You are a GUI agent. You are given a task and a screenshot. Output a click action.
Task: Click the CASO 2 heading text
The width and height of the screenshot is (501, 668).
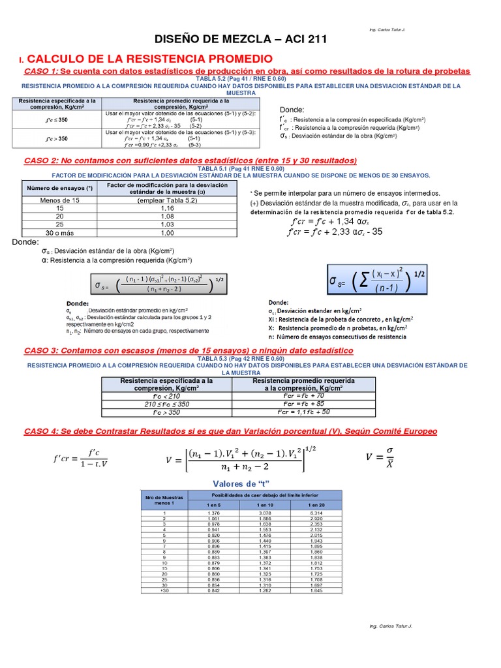190,160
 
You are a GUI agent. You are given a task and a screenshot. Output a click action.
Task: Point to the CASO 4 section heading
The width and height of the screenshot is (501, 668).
230,432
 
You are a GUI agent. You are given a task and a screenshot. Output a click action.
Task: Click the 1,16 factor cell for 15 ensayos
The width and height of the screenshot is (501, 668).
168,207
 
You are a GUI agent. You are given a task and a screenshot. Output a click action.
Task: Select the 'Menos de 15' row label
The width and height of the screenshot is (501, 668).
59,200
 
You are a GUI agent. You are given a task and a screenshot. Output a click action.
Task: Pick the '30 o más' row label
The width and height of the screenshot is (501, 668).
59,232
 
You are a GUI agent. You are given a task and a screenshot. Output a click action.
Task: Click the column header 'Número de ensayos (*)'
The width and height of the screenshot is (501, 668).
59,189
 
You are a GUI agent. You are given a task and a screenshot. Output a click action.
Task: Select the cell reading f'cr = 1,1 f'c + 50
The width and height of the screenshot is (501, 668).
303,412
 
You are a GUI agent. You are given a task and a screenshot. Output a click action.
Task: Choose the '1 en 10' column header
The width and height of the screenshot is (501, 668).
265,505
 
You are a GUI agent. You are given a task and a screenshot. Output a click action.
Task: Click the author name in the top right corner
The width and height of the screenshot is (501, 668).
386,31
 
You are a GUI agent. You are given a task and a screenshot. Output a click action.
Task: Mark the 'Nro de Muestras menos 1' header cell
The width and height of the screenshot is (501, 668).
164,500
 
